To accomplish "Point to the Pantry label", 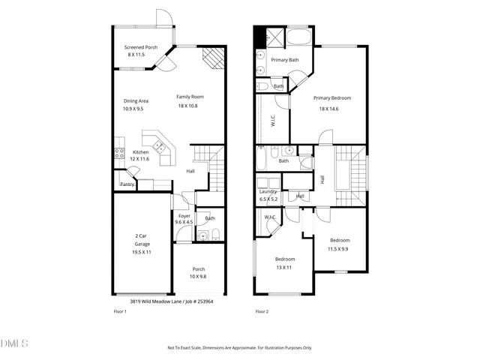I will pyautogui.click(x=127, y=184).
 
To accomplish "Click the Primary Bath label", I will pyautogui.click(x=285, y=60).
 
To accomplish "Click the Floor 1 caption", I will pyautogui.click(x=119, y=311).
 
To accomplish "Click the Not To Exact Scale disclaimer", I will pyautogui.click(x=239, y=348).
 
